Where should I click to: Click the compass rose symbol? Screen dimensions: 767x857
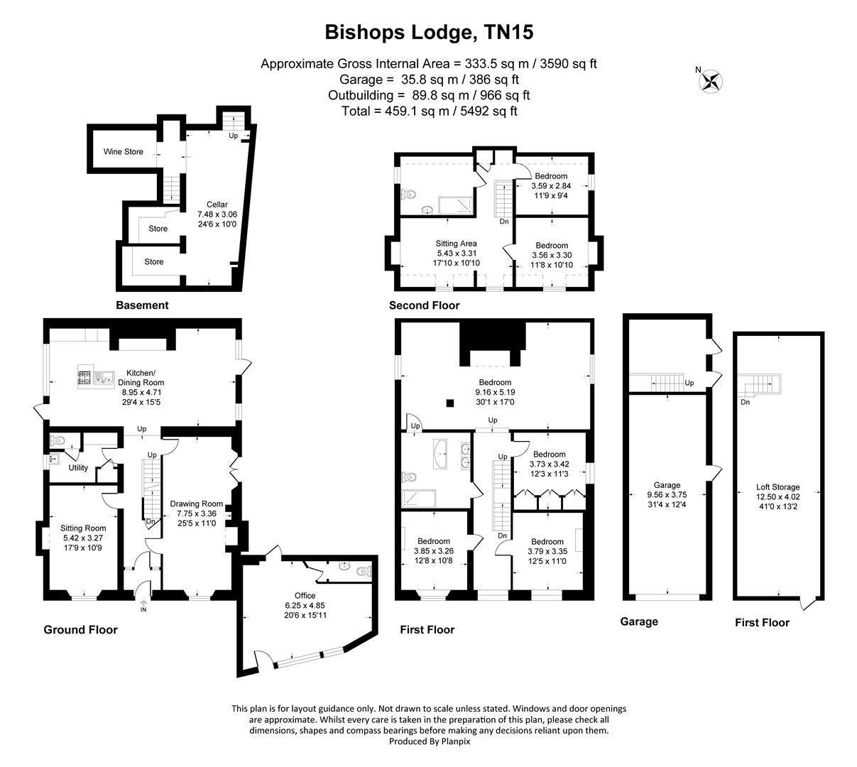pyautogui.click(x=711, y=80)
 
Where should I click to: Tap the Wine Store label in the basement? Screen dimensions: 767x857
pyautogui.click(x=123, y=151)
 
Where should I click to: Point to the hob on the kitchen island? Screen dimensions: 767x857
pyautogui.click(x=85, y=379)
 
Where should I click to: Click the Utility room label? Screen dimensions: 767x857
pyautogui.click(x=78, y=468)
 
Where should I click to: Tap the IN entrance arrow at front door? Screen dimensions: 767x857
pyautogui.click(x=143, y=606)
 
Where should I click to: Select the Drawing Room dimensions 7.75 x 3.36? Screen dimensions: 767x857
pyautogui.click(x=197, y=514)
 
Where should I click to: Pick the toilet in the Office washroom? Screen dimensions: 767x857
pyautogui.click(x=362, y=570)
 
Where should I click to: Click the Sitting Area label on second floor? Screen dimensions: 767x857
pyautogui.click(x=457, y=244)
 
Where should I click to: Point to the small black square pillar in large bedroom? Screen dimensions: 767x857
pyautogui.click(x=449, y=403)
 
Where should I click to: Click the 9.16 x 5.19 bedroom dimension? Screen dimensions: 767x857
pyautogui.click(x=496, y=391)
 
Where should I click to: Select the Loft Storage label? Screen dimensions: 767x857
pyautogui.click(x=777, y=487)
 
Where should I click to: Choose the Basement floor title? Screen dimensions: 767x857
pyautogui.click(x=142, y=305)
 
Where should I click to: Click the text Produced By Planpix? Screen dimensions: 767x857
pyautogui.click(x=430, y=741)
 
